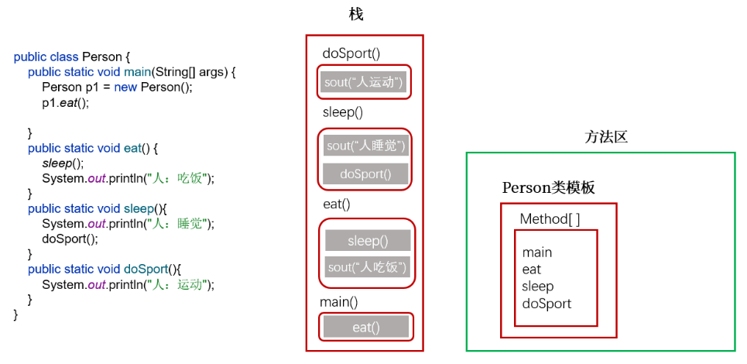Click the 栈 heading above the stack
pyautogui.click(x=356, y=15)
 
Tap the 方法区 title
pyautogui.click(x=606, y=138)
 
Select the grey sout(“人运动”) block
pyautogui.click(x=364, y=82)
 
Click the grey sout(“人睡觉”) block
pyautogui.click(x=365, y=146)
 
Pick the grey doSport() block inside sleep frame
pyautogui.click(x=365, y=174)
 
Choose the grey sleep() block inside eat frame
pyautogui.click(x=368, y=241)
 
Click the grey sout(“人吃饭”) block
pyautogui.click(x=368, y=267)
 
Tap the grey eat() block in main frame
pyautogui.click(x=366, y=328)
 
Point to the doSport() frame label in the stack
pyautogui.click(x=351, y=53)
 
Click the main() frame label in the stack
pyautogui.click(x=339, y=302)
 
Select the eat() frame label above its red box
pyautogui.click(x=336, y=204)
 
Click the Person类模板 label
pyautogui.click(x=548, y=188)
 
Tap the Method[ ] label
pyautogui.click(x=550, y=219)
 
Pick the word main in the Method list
pyautogui.click(x=537, y=252)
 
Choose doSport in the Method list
pyautogui.click(x=547, y=304)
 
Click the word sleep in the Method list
pyautogui.click(x=538, y=287)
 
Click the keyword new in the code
pyautogui.click(x=125, y=88)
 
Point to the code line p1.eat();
pyautogui.click(x=66, y=103)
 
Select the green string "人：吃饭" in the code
pyautogui.click(x=179, y=179)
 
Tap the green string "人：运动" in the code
pyautogui.click(x=179, y=285)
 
